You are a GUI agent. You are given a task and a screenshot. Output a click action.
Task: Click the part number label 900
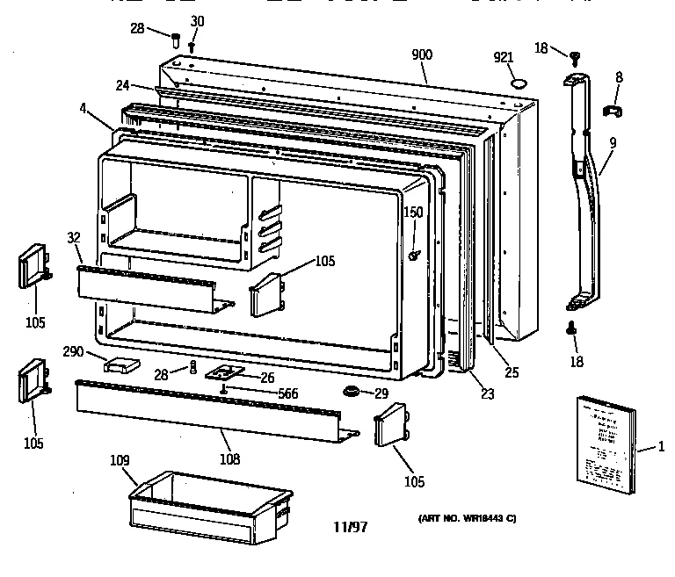(422, 54)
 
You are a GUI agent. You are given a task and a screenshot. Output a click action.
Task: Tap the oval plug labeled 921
(519, 83)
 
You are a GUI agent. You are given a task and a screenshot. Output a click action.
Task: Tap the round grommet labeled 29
(352, 390)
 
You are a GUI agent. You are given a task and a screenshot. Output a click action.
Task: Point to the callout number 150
(413, 213)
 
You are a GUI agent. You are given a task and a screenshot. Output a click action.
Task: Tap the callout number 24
(122, 85)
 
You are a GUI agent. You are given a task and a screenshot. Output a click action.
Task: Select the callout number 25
(511, 372)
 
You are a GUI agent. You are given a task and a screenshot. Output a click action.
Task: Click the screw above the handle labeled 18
(577, 56)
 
